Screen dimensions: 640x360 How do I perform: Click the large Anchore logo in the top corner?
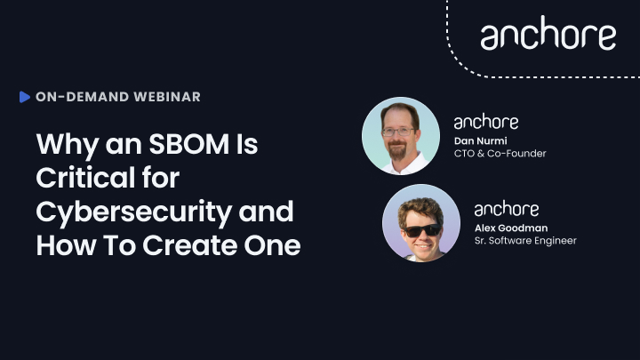(x=548, y=34)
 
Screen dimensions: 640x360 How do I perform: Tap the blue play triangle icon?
(x=25, y=97)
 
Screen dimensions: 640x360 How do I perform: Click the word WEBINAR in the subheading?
(x=167, y=97)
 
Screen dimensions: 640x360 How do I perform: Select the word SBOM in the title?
(x=188, y=144)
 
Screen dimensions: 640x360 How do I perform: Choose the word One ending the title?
(x=272, y=245)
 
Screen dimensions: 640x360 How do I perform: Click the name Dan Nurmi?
(x=480, y=140)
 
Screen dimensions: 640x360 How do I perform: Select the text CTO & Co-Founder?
(x=500, y=154)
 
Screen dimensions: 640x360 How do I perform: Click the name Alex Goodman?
(x=511, y=228)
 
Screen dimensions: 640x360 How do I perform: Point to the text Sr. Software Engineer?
(x=525, y=241)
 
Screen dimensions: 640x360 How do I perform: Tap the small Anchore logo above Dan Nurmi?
(x=486, y=122)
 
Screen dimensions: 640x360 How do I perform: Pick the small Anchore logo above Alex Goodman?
(x=507, y=209)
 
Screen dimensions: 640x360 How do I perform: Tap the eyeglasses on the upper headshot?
(x=398, y=132)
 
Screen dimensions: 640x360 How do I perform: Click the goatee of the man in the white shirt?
(x=397, y=150)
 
